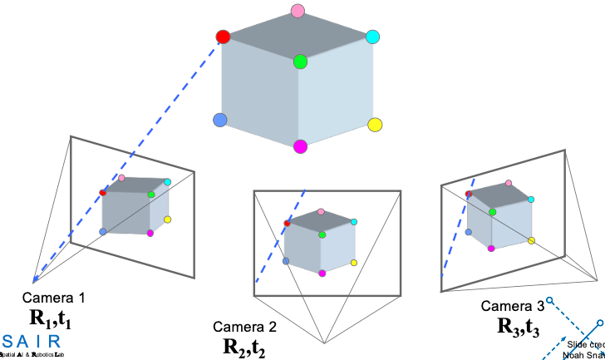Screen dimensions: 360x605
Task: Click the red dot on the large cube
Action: click(223, 37)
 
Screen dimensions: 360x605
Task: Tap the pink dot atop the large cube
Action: click(298, 11)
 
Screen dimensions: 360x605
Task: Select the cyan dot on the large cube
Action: click(372, 37)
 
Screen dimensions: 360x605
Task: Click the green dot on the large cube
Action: click(300, 62)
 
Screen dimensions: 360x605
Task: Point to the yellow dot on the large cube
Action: click(375, 125)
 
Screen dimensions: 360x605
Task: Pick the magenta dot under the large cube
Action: click(300, 147)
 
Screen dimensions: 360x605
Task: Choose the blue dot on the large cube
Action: click(220, 121)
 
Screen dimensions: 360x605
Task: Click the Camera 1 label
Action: click(53, 298)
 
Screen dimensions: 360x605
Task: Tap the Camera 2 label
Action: click(244, 326)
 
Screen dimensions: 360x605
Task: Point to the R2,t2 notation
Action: click(244, 346)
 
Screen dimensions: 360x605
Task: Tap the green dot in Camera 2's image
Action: click(322, 234)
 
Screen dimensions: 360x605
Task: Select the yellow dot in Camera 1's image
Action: click(167, 219)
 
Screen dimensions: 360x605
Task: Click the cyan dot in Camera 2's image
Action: click(354, 222)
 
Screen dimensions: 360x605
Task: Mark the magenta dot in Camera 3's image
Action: click(492, 248)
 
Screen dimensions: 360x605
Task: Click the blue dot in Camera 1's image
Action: click(103, 231)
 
